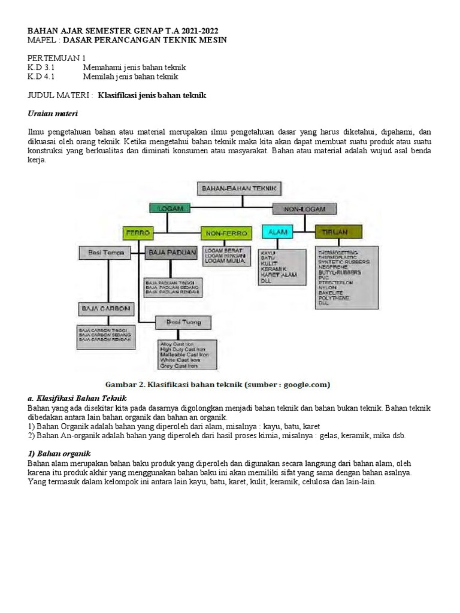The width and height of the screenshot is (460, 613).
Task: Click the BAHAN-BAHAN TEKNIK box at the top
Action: [x=239, y=189]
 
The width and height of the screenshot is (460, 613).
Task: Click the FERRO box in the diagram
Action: [x=138, y=232]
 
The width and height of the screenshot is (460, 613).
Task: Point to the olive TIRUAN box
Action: [x=338, y=231]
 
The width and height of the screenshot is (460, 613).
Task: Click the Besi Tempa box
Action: [x=106, y=253]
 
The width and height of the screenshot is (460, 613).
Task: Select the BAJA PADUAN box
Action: [x=171, y=253]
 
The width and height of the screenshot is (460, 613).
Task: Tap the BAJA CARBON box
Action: [x=104, y=308]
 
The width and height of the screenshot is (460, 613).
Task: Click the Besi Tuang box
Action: [x=183, y=323]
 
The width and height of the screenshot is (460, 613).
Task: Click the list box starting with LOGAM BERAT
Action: [x=224, y=255]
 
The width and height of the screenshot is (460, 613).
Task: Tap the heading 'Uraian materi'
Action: [x=53, y=113]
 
